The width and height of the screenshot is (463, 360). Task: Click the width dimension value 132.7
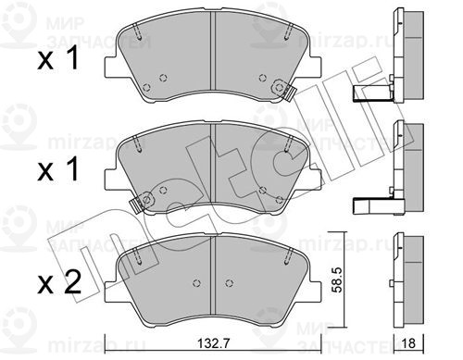(213, 343)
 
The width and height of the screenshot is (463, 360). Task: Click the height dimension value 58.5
(335, 279)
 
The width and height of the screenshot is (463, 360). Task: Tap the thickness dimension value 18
(409, 343)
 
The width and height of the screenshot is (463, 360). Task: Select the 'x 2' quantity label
(59, 282)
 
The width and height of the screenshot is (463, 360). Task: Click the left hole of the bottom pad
(196, 282)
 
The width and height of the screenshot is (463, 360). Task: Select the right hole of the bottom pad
(229, 282)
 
